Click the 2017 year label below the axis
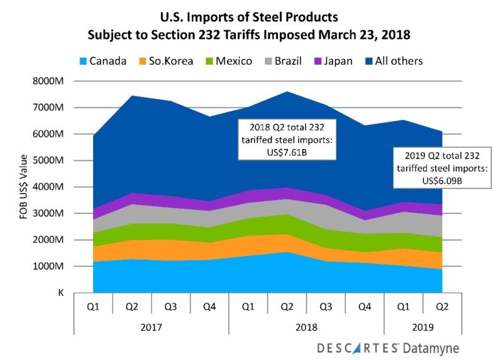(152, 327)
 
